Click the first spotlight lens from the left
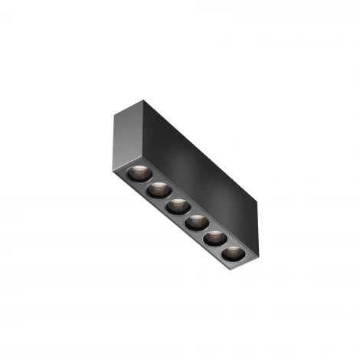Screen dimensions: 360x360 pos(138,172)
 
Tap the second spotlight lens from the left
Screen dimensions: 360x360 pos(159,188)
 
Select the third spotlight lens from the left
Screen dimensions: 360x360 pos(178,205)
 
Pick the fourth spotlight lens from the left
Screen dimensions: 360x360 pos(196,222)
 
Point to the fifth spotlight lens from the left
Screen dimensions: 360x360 pos(215,238)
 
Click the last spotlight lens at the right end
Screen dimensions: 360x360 pos(233,253)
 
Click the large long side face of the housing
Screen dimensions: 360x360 pos(199,169)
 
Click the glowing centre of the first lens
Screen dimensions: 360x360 pos(138,171)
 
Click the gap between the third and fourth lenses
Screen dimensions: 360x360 pos(187,214)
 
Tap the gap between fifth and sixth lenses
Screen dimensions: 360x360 pos(224,247)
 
